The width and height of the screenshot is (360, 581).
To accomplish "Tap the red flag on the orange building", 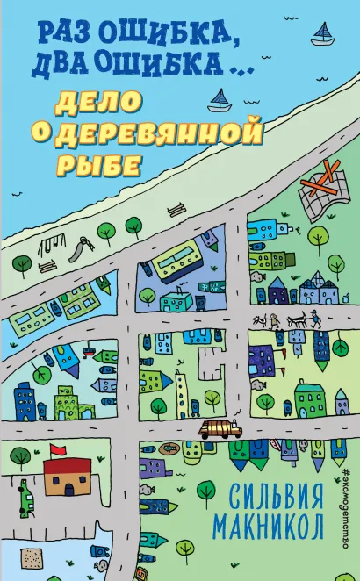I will pos(59,451).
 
